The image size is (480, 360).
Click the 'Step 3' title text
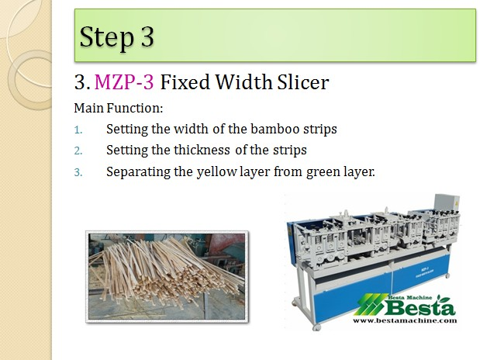click(x=116, y=37)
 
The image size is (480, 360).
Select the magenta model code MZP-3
click(x=124, y=82)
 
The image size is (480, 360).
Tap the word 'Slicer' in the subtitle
click(x=303, y=82)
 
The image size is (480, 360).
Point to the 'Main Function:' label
click(x=119, y=108)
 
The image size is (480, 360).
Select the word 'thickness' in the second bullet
click(x=202, y=150)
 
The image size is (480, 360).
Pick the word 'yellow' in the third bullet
click(x=216, y=172)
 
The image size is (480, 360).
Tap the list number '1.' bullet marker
click(x=78, y=130)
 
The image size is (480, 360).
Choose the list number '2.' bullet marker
click(x=78, y=151)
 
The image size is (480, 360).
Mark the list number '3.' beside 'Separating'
click(x=78, y=172)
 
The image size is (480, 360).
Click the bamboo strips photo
click(x=167, y=277)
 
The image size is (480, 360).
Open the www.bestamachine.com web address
click(x=405, y=320)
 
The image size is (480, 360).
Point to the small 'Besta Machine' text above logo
click(x=410, y=297)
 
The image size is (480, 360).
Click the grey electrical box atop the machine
click(x=447, y=203)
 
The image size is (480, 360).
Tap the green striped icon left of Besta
click(x=370, y=305)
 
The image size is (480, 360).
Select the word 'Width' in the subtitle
click(x=243, y=82)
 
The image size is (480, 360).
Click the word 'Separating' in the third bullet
click(x=138, y=172)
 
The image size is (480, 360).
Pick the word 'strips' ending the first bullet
click(x=320, y=130)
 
